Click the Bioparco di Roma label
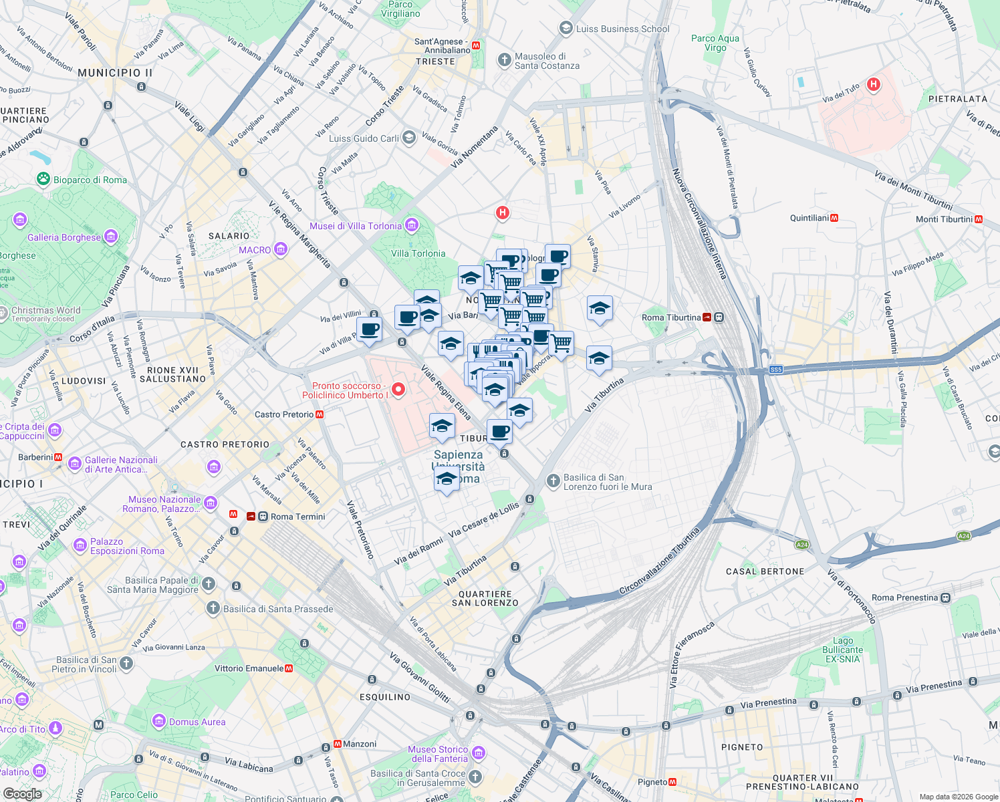pos(90,180)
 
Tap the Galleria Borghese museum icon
pos(111,237)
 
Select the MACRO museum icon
pos(281,250)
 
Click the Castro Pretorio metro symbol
pos(320,414)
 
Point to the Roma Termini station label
pos(297,517)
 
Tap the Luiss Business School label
pos(622,29)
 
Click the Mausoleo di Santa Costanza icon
pos(505,61)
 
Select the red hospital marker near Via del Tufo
pos(873,85)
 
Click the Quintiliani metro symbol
pos(834,218)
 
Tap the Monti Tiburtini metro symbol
pos(979,219)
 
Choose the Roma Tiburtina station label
pos(671,317)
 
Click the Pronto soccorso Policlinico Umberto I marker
pos(398,389)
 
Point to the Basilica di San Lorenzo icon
pos(553,481)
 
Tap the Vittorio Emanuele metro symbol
pos(289,668)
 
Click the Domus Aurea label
pos(197,722)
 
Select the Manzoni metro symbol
pos(338,744)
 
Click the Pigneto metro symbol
pos(672,782)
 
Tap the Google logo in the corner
pos(23,794)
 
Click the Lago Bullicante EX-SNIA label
pos(842,650)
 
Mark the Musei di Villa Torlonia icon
pos(411,225)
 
